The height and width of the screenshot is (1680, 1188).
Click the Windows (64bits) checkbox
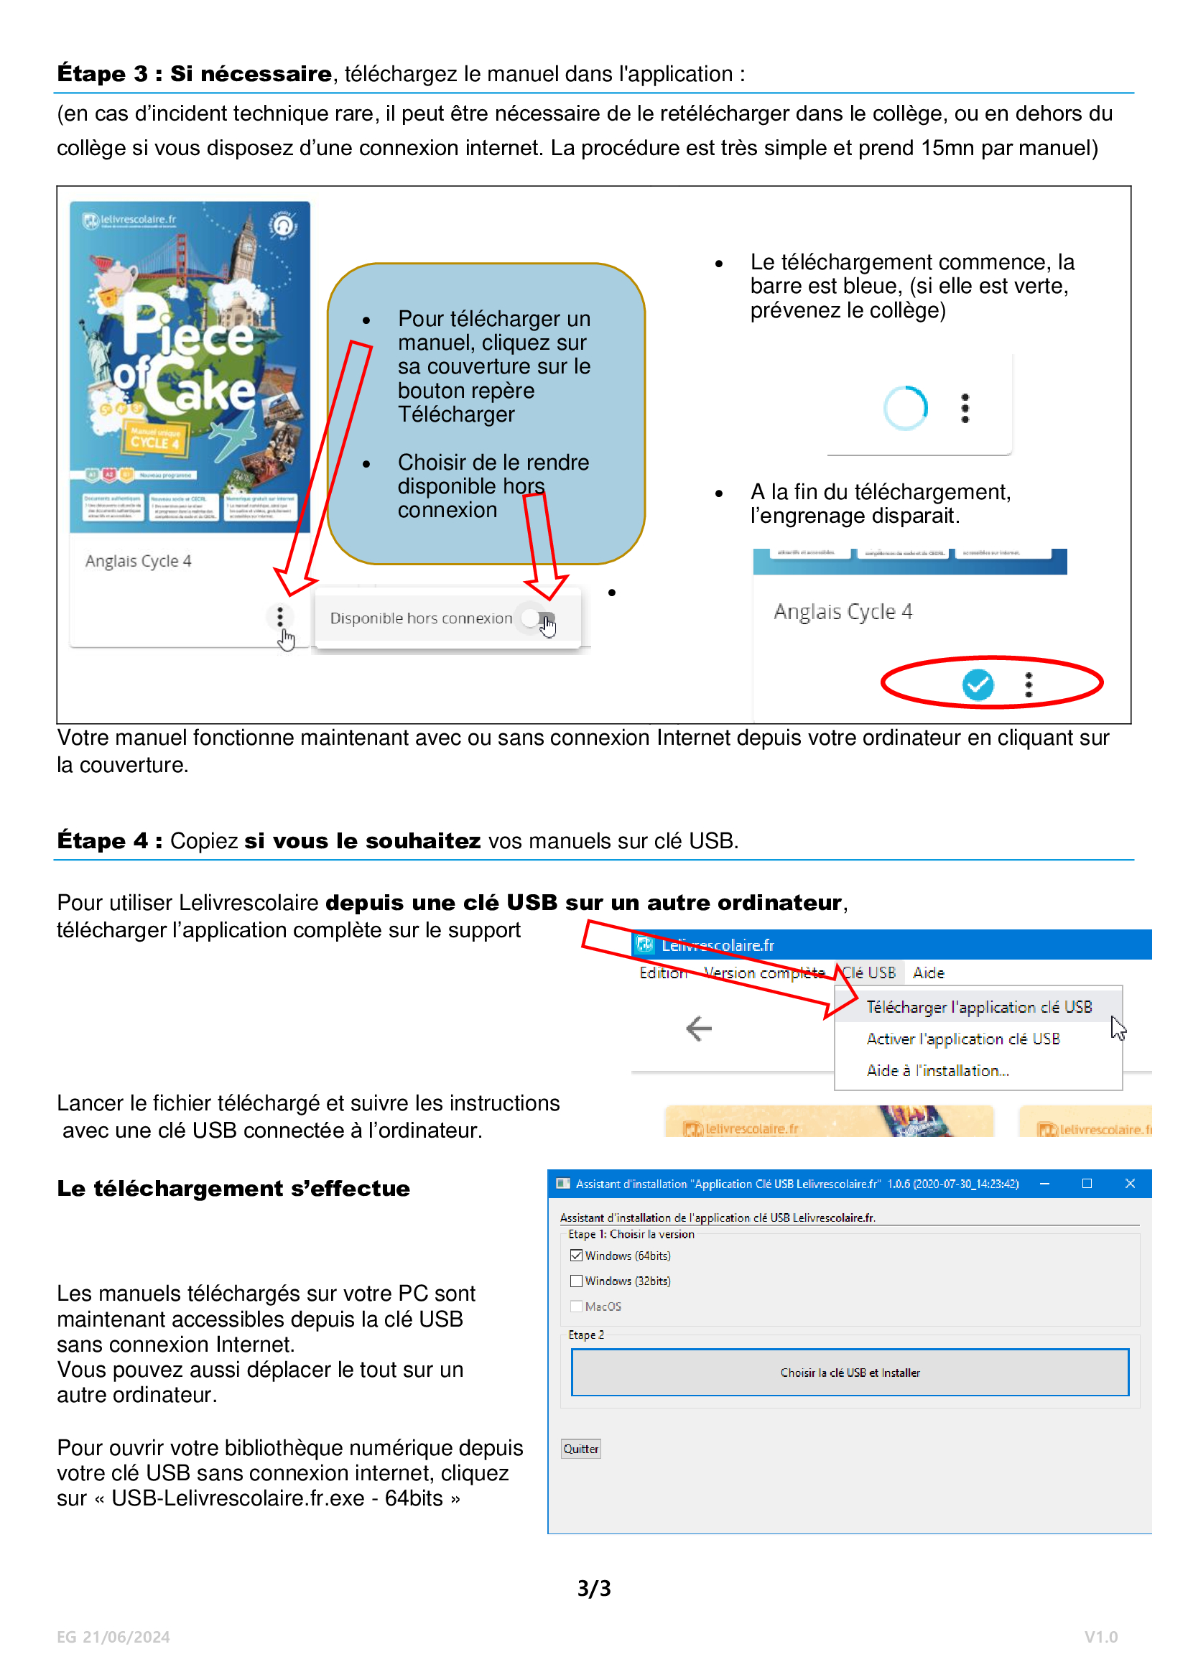577,1256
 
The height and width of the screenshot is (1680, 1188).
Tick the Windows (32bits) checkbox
577,1281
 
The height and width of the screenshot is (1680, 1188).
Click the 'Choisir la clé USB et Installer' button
849,1372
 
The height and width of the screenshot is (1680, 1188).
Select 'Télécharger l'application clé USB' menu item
978,1007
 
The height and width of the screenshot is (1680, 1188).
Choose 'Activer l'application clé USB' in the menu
962,1039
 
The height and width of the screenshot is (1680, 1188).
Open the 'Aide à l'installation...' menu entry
937,1069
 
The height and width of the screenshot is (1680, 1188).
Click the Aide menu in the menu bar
928,973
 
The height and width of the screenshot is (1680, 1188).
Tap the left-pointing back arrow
699,1028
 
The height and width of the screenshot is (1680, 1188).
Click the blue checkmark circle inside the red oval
978,684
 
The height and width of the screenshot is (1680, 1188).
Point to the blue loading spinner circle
905,407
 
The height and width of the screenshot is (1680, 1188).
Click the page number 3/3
593,1588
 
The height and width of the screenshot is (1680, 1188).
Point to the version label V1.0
1100,1637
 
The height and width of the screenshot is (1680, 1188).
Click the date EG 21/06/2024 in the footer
113,1637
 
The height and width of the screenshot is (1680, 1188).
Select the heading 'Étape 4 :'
110,841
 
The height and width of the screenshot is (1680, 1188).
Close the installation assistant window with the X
1130,1183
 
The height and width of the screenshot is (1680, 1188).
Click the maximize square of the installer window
1086,1183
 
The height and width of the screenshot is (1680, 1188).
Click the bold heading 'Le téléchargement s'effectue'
233,1188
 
